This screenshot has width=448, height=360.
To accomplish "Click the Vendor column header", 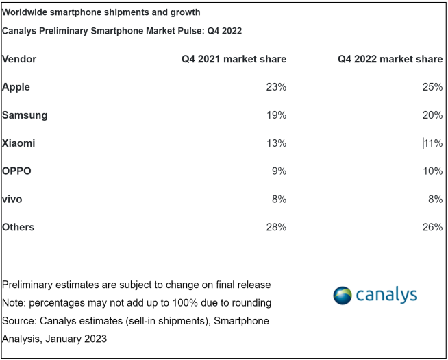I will coord(19,59).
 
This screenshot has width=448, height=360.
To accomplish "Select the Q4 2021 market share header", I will coord(234,59).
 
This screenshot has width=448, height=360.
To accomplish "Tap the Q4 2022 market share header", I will coord(390,59).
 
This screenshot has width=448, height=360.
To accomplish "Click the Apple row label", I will coord(16,87).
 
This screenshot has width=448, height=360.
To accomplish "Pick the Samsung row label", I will coord(25,115).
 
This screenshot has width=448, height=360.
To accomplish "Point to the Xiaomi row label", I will coord(19,143).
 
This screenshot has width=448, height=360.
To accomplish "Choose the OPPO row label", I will coord(17,171).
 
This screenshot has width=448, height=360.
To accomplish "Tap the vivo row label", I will coord(12,199).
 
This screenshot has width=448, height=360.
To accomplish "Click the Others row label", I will coord(18,227).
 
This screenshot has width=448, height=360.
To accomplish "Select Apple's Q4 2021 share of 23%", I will coord(276,87).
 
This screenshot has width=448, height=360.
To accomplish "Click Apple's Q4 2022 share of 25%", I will coord(432,87).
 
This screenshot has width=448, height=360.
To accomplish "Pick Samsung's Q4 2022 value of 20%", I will coord(432,115).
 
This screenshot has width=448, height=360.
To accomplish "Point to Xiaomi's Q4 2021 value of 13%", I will coord(276,143).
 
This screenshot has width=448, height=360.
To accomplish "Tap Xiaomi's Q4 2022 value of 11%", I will coord(433,143).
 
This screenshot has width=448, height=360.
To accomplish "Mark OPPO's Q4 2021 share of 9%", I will coord(279,171).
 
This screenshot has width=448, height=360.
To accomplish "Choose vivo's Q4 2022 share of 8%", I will coord(435,199).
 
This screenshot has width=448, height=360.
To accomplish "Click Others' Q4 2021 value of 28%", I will coord(276,227).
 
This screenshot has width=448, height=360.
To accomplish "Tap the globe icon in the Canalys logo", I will coord(343,296).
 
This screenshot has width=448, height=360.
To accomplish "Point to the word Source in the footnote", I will coord(18,320).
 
